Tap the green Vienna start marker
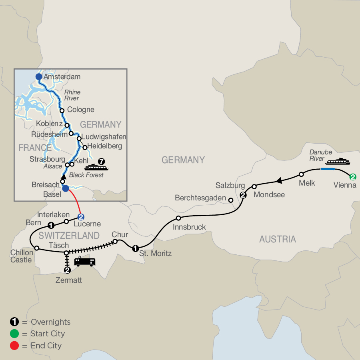[352, 176]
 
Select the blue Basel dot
[66, 188]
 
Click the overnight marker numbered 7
[102, 162]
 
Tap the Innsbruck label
[189, 227]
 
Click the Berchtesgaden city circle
[230, 200]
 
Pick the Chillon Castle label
[22, 256]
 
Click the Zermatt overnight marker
[67, 270]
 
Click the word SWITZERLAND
[69, 235]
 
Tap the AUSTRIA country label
[278, 239]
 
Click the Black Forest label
[86, 175]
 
